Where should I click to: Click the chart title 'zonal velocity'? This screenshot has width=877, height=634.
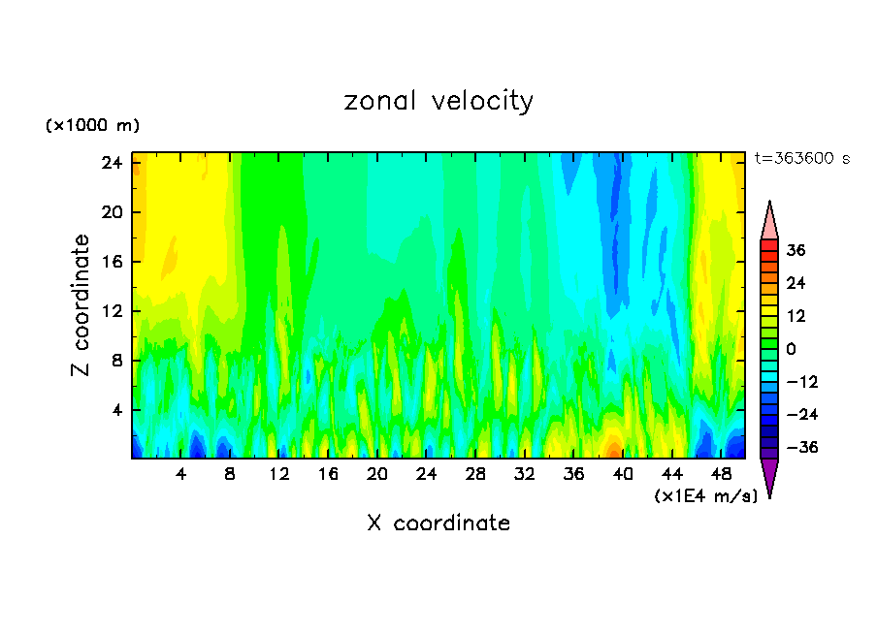(x=438, y=101)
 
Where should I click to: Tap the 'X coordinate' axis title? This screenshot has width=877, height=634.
(x=438, y=523)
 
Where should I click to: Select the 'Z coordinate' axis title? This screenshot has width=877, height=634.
(x=82, y=305)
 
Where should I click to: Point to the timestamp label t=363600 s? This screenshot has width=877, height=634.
(x=801, y=158)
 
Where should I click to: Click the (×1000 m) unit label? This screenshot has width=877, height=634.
(x=92, y=126)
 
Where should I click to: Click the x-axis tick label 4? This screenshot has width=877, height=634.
(x=180, y=474)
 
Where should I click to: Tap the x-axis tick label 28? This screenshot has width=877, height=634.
(x=475, y=474)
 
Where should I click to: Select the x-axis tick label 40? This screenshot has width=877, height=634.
(x=623, y=474)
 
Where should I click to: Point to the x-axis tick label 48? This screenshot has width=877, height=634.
(x=721, y=474)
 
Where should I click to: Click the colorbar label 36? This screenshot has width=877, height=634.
(x=796, y=250)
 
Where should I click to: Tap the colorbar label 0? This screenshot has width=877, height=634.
(x=791, y=349)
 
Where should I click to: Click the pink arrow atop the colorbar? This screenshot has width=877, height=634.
(x=769, y=221)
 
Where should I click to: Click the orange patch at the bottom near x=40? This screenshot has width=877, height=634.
(x=613, y=450)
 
